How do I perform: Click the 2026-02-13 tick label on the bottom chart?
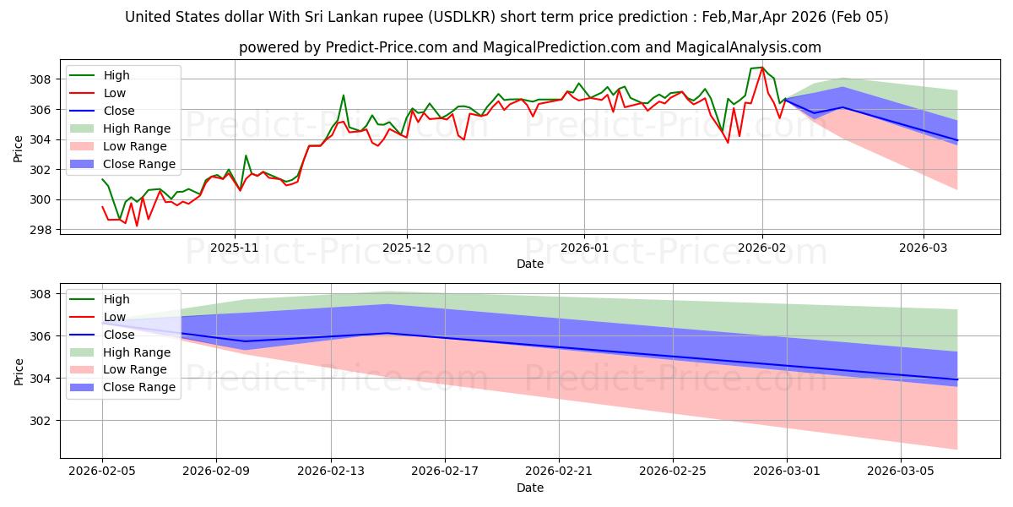pyautogui.click(x=331, y=471)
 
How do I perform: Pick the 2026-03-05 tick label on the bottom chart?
pyautogui.click(x=902, y=471)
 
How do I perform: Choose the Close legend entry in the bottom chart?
pyautogui.click(x=119, y=335)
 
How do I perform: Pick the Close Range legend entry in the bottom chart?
pyautogui.click(x=138, y=387)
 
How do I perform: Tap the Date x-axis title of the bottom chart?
pyautogui.click(x=530, y=488)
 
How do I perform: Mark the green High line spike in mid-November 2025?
pyautogui.click(x=344, y=95)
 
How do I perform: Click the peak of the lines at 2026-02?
pyautogui.click(x=762, y=68)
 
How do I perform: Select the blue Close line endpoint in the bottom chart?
pyautogui.click(x=957, y=379)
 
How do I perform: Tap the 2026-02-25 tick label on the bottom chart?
pyautogui.click(x=673, y=471)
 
